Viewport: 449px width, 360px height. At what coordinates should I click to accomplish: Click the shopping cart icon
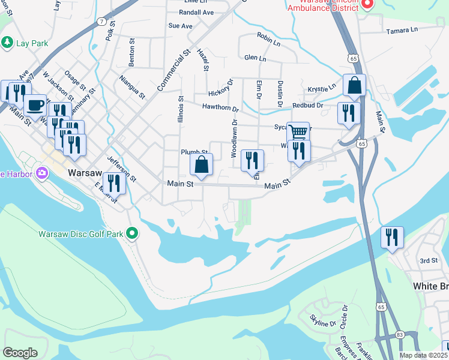(298, 131)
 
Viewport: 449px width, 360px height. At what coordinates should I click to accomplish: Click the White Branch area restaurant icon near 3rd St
(392, 237)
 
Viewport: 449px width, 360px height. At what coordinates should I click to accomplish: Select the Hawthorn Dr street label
(220, 108)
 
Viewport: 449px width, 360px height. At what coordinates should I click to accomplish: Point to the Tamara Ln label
(402, 31)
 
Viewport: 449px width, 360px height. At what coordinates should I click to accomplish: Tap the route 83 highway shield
(400, 334)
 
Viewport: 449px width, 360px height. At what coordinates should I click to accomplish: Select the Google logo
(20, 352)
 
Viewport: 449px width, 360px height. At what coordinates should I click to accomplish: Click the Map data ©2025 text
(423, 355)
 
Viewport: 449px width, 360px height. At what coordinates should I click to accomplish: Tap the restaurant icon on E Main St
(114, 183)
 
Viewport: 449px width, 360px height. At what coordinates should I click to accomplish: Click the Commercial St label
(174, 71)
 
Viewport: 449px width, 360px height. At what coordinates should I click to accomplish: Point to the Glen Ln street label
(255, 58)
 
